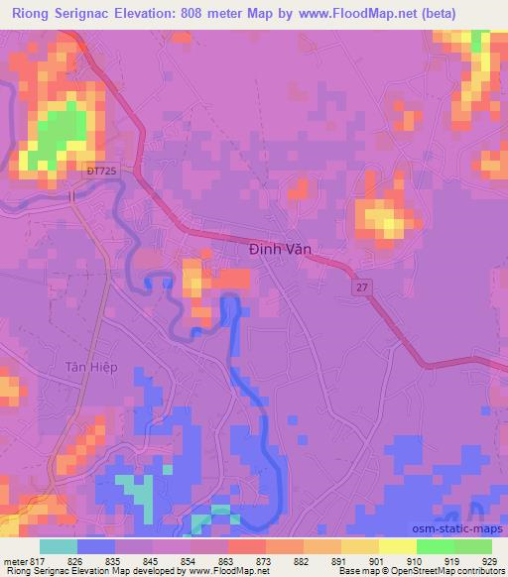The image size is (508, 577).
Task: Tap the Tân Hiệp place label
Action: point(92,367)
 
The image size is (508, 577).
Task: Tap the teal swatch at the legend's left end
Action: point(59,546)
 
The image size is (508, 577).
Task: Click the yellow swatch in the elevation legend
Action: point(397,546)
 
